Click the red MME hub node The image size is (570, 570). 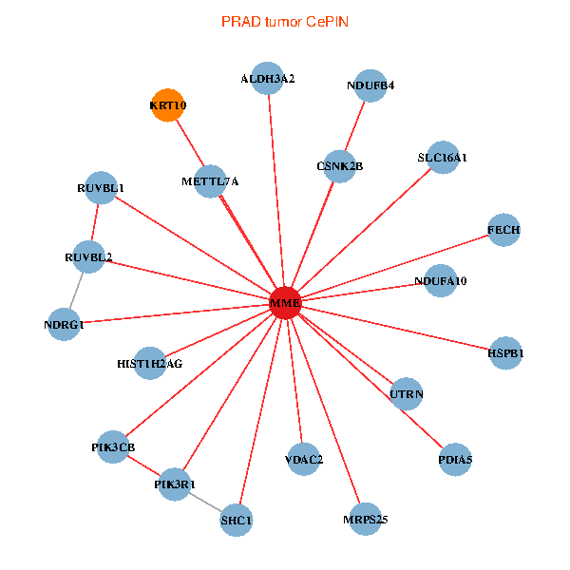coord(285,304)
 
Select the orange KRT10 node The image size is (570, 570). coord(167,105)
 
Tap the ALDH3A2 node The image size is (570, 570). coord(267,79)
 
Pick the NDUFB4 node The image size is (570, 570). coord(370,85)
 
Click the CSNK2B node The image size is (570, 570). coord(339,166)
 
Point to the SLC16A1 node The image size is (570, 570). coord(443,158)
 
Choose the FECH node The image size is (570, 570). coord(503,230)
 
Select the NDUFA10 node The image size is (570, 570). coord(440,281)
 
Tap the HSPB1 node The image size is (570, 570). coord(505,353)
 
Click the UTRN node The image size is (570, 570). coord(407,393)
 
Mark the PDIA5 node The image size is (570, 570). coord(455,460)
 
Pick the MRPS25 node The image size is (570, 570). coord(365,519)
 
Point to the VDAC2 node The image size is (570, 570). coord(304,460)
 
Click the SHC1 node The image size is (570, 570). coord(237,520)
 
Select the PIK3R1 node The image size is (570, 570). coord(175,484)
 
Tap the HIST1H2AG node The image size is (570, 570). coord(150,363)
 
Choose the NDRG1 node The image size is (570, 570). coord(64,325)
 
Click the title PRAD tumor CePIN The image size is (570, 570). coord(285,20)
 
